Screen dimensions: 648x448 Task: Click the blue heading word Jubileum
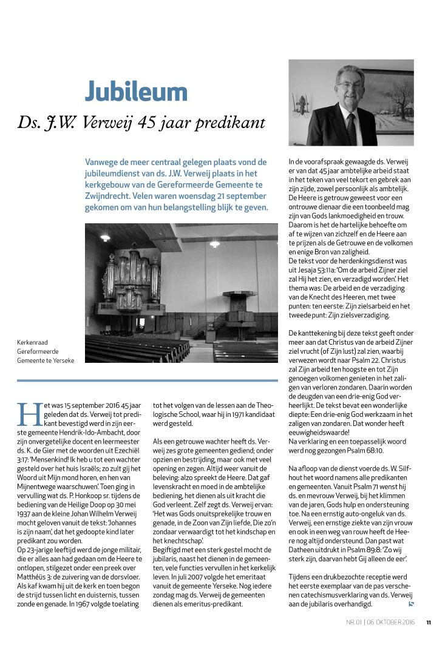pyautogui.click(x=136, y=92)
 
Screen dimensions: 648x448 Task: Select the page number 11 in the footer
pyautogui.click(x=429, y=622)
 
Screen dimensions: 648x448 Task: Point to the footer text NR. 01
pyautogui.click(x=353, y=622)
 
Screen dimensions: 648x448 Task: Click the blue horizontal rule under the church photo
pyautogui.click(x=147, y=380)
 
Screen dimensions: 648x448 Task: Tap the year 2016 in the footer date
pyautogui.click(x=408, y=622)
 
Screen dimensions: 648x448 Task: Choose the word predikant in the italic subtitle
pyautogui.click(x=236, y=123)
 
